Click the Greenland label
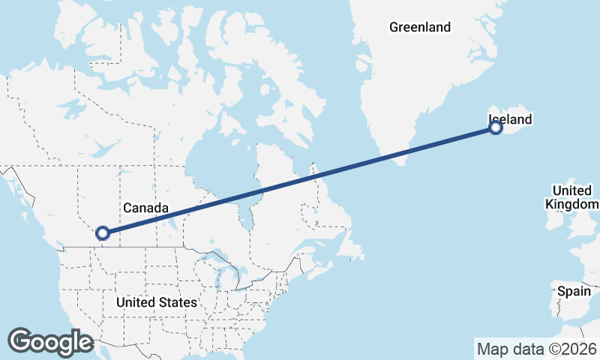(x=419, y=28)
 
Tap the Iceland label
(x=510, y=119)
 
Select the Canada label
(x=145, y=207)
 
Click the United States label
(x=156, y=303)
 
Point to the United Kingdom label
(x=571, y=197)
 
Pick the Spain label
(x=574, y=291)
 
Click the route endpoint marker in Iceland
(x=496, y=128)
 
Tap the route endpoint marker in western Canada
(x=103, y=233)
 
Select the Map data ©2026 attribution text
(x=536, y=349)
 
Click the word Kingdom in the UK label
(x=571, y=205)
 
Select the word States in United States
(x=178, y=303)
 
